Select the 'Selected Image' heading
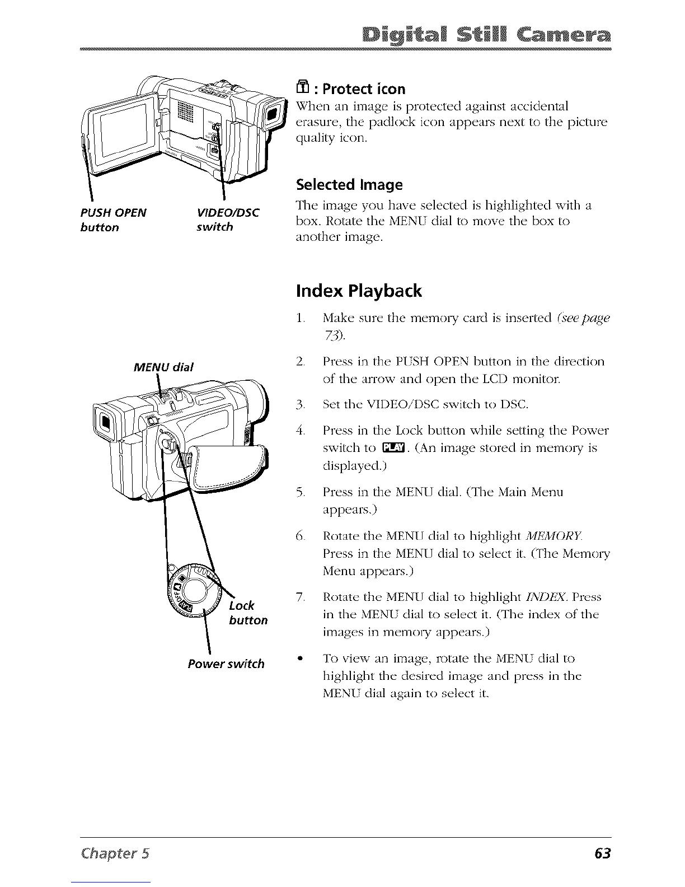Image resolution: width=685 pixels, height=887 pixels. (x=350, y=184)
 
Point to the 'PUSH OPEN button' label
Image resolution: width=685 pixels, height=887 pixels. (x=110, y=220)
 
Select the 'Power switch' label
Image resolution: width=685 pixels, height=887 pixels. (x=226, y=664)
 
